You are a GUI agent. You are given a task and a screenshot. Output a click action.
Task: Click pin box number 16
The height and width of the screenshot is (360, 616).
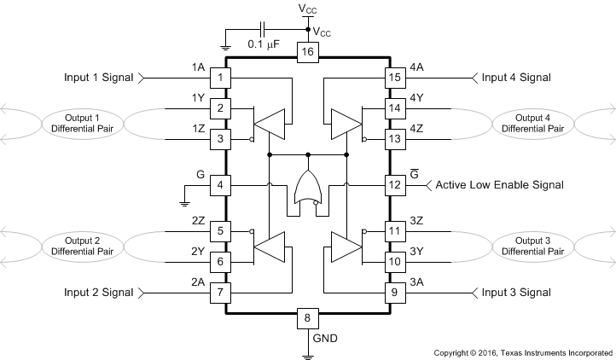click(x=307, y=53)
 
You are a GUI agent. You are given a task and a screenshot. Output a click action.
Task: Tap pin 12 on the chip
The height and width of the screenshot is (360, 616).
click(x=393, y=184)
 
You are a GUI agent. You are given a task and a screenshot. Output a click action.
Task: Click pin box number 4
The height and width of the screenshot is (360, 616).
click(x=220, y=184)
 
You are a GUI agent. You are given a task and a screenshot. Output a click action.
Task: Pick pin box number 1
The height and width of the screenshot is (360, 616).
click(x=220, y=78)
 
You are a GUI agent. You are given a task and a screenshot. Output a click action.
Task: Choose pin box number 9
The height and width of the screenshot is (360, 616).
click(x=393, y=293)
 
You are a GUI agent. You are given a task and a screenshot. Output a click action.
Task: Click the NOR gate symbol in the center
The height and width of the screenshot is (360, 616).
click(x=307, y=185)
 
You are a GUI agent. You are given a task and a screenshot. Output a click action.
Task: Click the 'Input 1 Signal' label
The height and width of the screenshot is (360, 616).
click(x=99, y=78)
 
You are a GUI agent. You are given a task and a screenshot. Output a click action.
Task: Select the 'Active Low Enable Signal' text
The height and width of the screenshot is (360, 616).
click(x=499, y=185)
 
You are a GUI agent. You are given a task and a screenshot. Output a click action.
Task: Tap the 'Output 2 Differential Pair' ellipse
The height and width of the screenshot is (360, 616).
click(x=76, y=247)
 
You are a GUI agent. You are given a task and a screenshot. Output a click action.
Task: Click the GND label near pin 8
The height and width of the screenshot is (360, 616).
click(x=325, y=338)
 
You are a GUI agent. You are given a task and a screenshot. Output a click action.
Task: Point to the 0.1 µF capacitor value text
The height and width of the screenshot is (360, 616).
click(x=263, y=44)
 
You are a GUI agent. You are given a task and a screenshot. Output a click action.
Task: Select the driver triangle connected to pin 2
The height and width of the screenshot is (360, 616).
click(x=273, y=123)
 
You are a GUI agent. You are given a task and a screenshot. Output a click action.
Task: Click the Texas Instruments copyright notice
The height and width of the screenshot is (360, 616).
click(x=523, y=351)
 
